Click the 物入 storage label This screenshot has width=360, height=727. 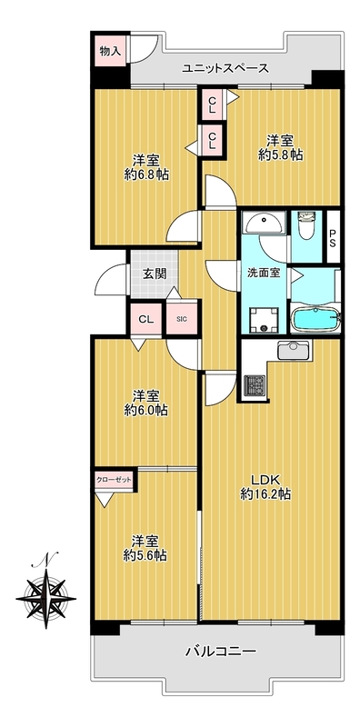[x=110, y=51]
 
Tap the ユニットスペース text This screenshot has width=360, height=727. [x=225, y=69]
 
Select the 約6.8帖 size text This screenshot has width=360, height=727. [x=146, y=174]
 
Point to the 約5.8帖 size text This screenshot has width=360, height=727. [x=281, y=154]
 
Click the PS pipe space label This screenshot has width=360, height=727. [x=334, y=237]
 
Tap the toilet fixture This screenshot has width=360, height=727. [x=306, y=224]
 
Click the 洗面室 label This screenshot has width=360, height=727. [x=263, y=273]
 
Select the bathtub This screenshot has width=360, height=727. [x=316, y=319]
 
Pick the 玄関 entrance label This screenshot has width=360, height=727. [x=154, y=274]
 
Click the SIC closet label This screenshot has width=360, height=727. [x=182, y=319]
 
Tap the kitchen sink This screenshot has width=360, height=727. [x=294, y=350]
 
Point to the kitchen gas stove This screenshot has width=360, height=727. [x=255, y=384]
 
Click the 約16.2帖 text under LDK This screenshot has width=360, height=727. [x=265, y=494]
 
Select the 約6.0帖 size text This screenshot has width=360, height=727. [x=146, y=410]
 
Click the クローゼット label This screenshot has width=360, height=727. [x=114, y=480]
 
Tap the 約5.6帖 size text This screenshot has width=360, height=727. [x=145, y=555]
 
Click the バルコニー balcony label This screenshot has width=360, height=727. [x=220, y=652]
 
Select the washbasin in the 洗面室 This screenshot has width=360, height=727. [x=264, y=224]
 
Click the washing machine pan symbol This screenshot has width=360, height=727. [x=264, y=321]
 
